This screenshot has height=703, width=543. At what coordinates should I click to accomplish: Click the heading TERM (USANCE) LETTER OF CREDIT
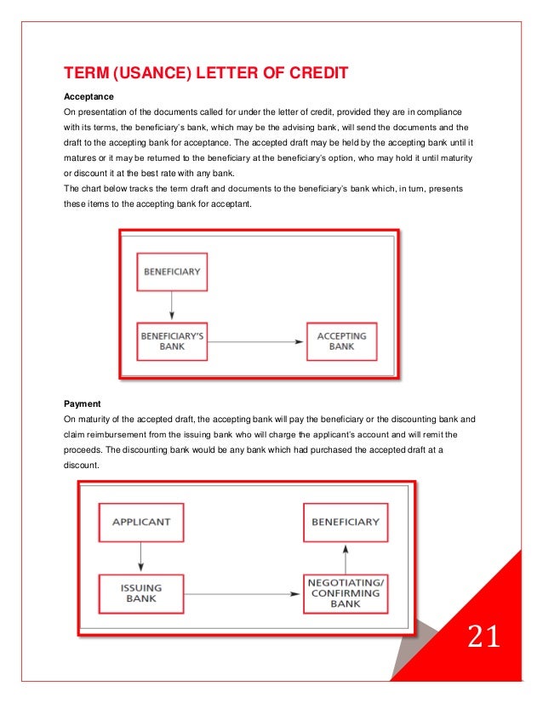click(206, 73)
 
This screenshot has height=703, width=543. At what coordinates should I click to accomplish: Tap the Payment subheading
click(83, 403)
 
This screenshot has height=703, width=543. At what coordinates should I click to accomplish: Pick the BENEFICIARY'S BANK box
click(172, 341)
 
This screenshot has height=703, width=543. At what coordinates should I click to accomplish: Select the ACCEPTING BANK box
click(341, 341)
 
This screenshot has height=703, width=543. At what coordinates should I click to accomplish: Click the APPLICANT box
click(140, 522)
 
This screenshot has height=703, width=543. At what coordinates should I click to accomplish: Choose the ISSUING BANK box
click(140, 593)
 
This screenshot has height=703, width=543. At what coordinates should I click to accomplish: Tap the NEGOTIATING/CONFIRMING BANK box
click(346, 592)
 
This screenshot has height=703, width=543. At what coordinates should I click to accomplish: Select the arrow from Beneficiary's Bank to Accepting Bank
click(256, 342)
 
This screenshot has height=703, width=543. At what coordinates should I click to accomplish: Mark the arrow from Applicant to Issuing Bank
click(140, 557)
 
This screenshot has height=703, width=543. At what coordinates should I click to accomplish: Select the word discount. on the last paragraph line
click(83, 465)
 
